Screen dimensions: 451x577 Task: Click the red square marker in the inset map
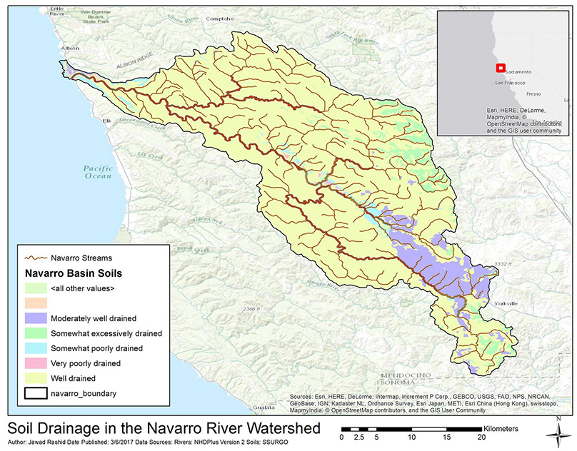pos(501,69)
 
